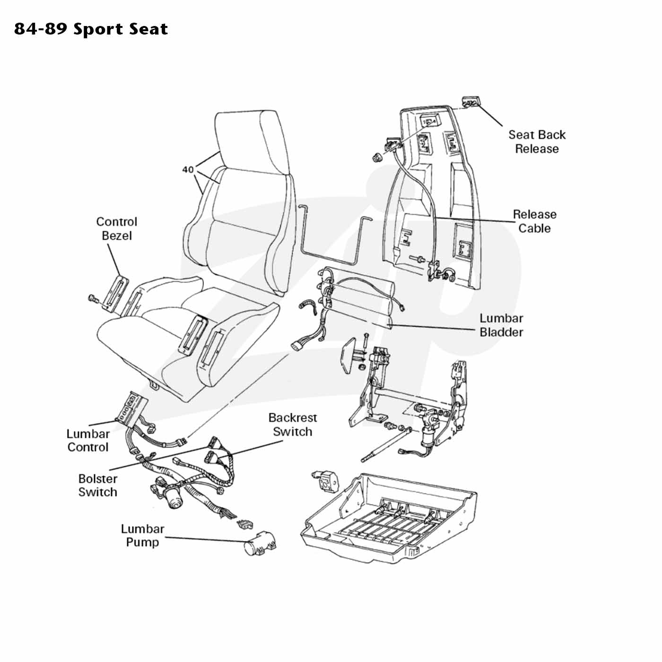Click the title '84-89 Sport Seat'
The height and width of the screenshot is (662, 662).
[91, 29]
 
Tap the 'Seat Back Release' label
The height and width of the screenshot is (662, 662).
[537, 141]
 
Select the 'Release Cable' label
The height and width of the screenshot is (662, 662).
[534, 221]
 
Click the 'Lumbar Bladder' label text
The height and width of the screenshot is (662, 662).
[501, 325]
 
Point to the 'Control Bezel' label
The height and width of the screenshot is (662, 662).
[117, 229]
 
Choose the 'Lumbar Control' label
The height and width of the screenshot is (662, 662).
[88, 440]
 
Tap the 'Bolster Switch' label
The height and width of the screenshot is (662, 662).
[98, 485]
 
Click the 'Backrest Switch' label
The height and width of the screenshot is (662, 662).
[293, 425]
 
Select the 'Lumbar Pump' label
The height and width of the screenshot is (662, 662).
[143, 535]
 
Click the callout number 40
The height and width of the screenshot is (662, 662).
[188, 169]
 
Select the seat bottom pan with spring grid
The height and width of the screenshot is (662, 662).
[388, 519]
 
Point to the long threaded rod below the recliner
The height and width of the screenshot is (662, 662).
[385, 445]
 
